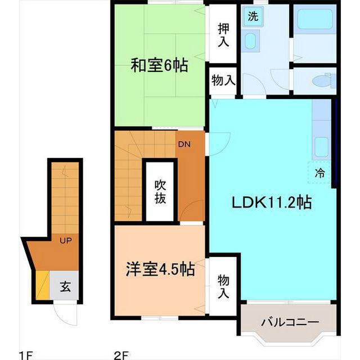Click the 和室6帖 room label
(x=159, y=66)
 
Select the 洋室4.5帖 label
(x=160, y=269)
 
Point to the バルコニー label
(x=290, y=322)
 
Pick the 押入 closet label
(x=223, y=35)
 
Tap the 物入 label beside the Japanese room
(x=223, y=81)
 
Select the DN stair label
(x=184, y=144)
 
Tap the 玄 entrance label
(x=65, y=287)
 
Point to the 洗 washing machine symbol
(x=253, y=16)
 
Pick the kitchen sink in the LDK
(x=321, y=147)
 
